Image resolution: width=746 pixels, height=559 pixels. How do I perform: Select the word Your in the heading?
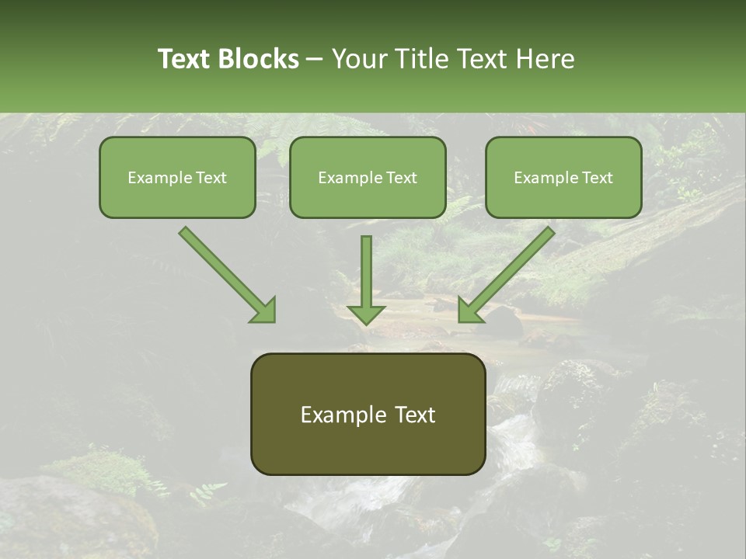358,59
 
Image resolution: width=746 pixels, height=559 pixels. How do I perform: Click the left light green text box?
177,199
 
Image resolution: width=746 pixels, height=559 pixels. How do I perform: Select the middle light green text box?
368,199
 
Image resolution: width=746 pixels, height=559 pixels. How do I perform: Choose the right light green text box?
563,199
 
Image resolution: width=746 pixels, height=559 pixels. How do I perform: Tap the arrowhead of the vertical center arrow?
366,313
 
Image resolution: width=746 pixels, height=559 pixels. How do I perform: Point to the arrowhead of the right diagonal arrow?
470,310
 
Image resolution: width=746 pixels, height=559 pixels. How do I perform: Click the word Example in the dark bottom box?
344,415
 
